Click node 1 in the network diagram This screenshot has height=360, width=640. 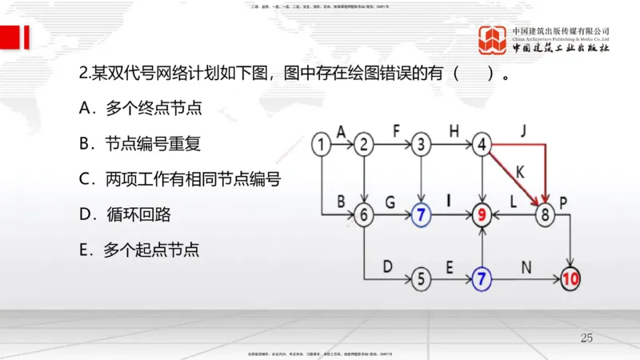point(321,145)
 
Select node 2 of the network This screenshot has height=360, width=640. point(365,145)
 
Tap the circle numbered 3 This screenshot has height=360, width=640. point(422,145)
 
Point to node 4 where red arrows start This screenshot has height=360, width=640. point(482,145)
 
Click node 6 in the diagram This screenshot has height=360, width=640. point(365,214)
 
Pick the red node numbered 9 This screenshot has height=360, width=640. point(482,214)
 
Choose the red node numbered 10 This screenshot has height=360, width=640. point(570,279)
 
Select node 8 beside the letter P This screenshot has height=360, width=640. point(545,214)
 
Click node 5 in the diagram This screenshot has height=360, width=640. point(422,279)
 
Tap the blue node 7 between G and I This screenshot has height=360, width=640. point(422,214)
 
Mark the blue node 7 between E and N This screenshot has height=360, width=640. point(482,279)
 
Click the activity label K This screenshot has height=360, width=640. point(520,170)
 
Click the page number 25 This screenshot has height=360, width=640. point(586,338)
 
